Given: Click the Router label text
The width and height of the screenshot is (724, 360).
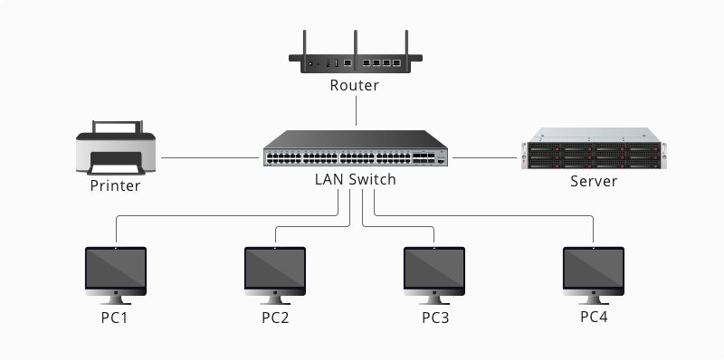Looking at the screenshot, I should tap(355, 86).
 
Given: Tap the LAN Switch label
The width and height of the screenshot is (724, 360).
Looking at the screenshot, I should tap(355, 179).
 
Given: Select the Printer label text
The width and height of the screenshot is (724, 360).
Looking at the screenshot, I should tap(115, 186).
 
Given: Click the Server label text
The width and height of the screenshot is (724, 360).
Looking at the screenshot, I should tap(594, 181).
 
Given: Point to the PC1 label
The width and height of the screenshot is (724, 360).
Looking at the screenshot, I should tap(115, 318).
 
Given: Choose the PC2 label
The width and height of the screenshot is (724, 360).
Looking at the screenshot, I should tap(275, 318).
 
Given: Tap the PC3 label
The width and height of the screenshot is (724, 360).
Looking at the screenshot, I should tap(434, 318).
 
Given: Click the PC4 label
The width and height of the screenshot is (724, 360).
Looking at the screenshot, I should tap(594, 317).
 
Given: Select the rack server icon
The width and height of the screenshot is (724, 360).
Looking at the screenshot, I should tap(594, 154).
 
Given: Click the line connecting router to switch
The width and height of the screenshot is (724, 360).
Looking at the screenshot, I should tap(356, 111).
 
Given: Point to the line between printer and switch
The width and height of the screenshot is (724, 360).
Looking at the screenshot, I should tap(208, 157).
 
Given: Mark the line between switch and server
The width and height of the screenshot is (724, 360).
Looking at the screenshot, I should tap(484, 157).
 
